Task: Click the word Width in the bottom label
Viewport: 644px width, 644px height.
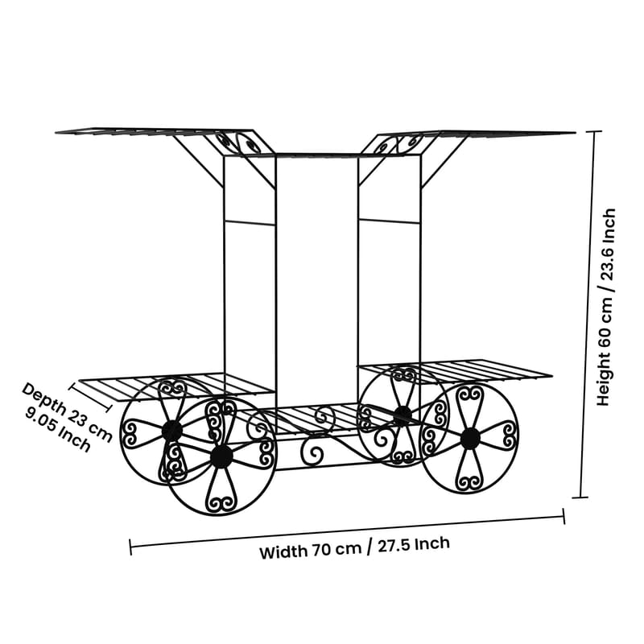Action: tap(283, 551)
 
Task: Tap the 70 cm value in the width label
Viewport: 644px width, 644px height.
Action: tap(336, 549)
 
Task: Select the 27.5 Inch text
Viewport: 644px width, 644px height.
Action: tap(414, 545)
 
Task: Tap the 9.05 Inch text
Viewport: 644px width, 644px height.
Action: tap(57, 431)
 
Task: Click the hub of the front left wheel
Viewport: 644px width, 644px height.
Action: tap(222, 456)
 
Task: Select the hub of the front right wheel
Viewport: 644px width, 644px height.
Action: tap(470, 439)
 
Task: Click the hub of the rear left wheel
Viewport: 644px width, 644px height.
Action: tap(171, 430)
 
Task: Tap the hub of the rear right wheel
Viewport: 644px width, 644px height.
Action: tap(403, 415)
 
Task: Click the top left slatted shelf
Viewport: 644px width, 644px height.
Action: tap(158, 132)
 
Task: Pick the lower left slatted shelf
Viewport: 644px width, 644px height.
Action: tap(176, 386)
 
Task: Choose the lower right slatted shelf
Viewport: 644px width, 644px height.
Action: tap(455, 372)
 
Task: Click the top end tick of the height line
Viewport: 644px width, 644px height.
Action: tap(594, 131)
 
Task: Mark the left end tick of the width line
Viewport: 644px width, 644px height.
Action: tap(130, 547)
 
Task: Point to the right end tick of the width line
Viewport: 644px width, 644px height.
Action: tap(563, 516)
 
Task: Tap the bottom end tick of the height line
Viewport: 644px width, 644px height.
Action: tap(580, 497)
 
